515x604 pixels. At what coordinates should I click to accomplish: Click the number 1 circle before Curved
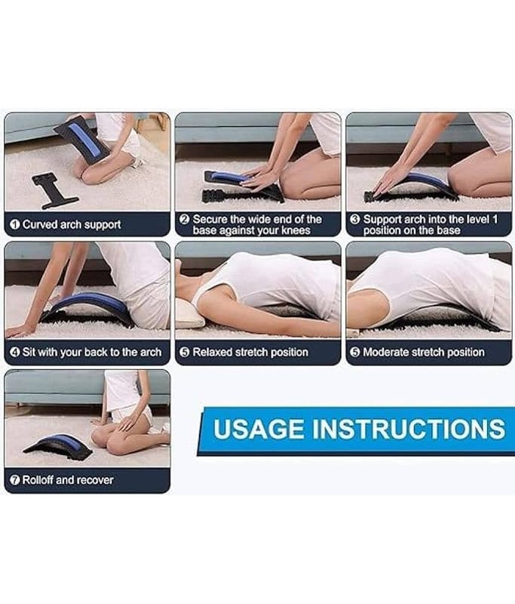click(x=14, y=224)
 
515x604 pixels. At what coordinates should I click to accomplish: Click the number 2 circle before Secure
click(x=185, y=220)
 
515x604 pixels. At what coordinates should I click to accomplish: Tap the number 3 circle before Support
click(x=355, y=220)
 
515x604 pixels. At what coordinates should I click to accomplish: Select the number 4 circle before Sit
click(x=14, y=352)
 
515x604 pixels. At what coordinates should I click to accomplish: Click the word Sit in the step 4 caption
click(x=29, y=352)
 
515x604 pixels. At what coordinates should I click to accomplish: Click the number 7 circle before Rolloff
click(x=14, y=480)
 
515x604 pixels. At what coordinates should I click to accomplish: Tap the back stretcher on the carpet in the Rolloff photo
click(x=59, y=446)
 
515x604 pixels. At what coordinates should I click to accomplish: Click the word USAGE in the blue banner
click(x=258, y=429)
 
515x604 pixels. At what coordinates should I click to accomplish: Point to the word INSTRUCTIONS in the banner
click(x=408, y=429)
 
